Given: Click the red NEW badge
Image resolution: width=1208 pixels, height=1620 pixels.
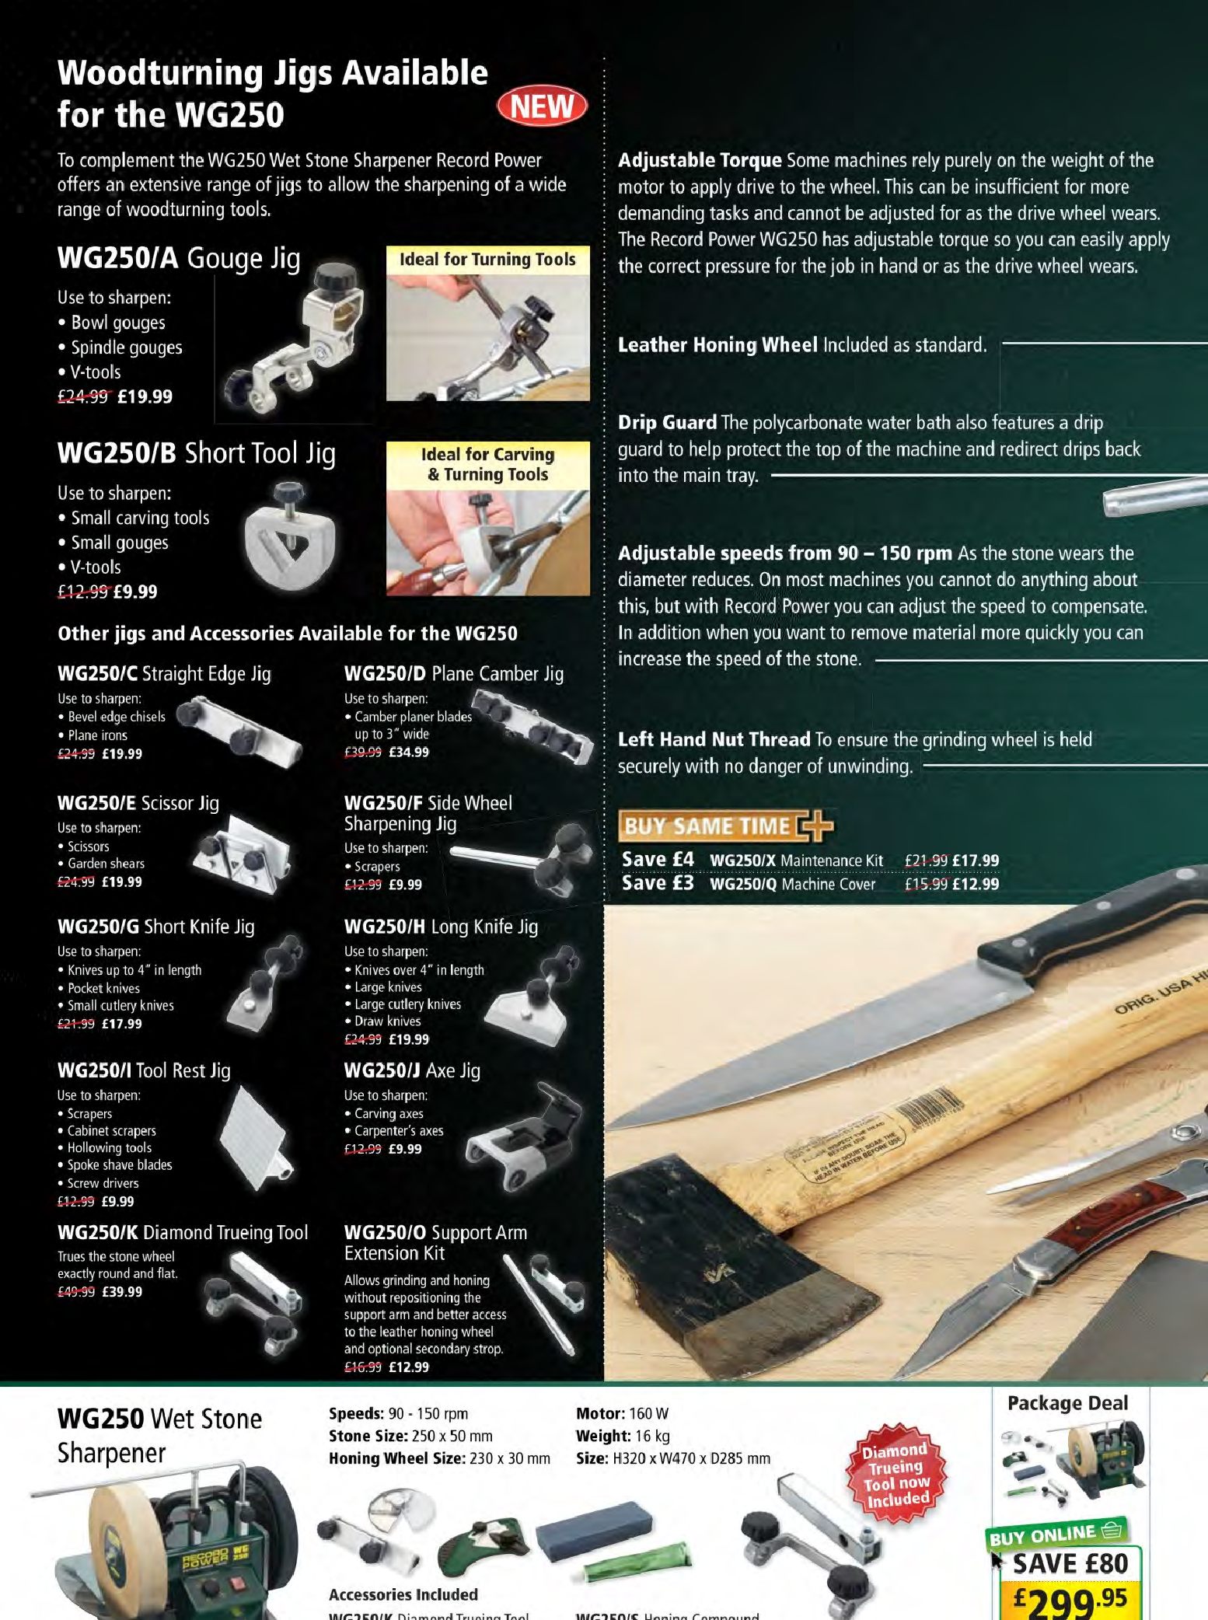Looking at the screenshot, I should click(543, 106).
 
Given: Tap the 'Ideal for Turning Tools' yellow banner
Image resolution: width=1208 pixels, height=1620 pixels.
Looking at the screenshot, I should click(487, 260).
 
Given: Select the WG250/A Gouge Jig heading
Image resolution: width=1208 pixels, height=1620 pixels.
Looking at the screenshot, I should click(178, 258).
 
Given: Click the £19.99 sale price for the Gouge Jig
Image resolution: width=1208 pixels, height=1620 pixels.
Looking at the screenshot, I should click(145, 396).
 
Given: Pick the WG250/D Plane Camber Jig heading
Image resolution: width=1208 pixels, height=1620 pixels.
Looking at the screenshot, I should click(453, 673).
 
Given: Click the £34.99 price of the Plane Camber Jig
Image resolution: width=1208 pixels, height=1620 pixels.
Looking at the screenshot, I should click(409, 752).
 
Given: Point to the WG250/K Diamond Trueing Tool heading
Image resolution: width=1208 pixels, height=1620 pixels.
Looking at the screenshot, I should click(183, 1232).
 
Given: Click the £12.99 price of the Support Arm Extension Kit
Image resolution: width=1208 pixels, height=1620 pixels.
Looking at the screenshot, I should click(409, 1367).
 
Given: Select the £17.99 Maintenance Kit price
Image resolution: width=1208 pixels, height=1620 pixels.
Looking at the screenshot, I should click(976, 861).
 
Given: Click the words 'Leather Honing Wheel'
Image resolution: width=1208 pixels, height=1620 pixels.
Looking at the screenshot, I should click(717, 344).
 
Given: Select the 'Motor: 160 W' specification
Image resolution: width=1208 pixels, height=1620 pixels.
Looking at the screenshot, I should click(622, 1413).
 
